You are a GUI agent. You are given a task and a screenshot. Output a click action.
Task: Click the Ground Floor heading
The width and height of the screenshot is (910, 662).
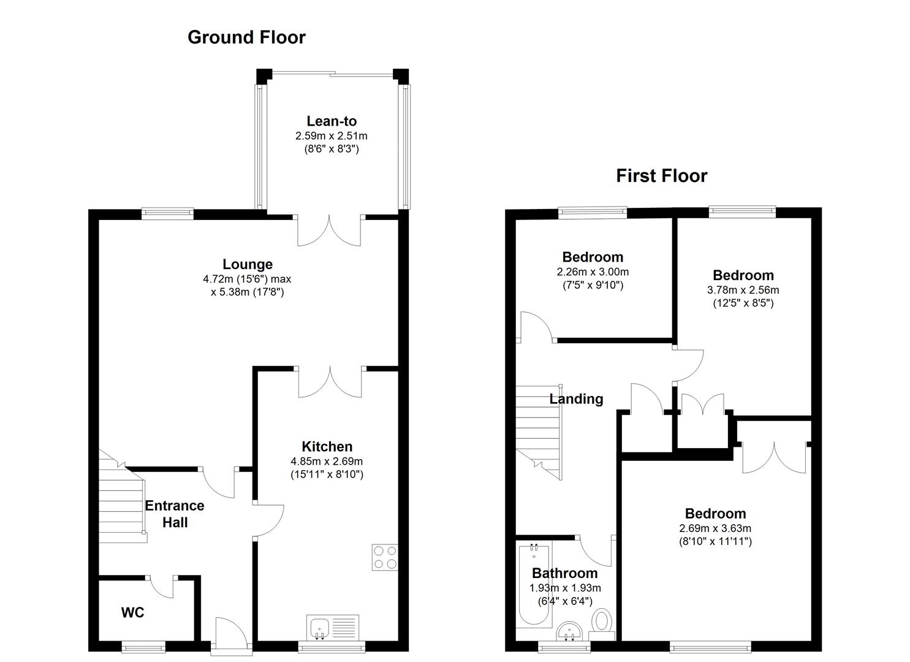point(246,37)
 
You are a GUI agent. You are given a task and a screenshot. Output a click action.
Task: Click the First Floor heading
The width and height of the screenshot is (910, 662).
point(661,176)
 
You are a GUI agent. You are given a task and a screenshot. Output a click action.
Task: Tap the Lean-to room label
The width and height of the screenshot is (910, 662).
point(332,121)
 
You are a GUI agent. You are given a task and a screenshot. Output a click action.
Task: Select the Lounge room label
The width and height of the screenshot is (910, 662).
point(248,264)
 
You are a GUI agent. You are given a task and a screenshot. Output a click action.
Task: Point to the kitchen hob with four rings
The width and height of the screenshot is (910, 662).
point(385,557)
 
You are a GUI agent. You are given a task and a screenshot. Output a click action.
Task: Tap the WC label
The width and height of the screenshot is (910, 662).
point(132,612)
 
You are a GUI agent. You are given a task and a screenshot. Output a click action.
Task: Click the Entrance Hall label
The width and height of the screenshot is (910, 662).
point(175,514)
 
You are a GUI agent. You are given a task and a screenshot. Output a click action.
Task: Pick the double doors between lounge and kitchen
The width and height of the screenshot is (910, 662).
point(330,381)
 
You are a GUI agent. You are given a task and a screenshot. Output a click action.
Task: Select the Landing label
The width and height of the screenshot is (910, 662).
point(576,399)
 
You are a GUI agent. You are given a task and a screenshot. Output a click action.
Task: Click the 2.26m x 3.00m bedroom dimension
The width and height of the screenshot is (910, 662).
point(593,272)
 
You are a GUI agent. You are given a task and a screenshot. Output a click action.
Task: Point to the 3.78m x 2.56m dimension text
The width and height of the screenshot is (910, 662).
point(743,290)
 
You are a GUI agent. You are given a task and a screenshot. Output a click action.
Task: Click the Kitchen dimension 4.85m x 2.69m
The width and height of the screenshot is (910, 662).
point(327,461)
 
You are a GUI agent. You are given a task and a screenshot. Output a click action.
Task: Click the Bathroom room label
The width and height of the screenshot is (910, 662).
point(564,573)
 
